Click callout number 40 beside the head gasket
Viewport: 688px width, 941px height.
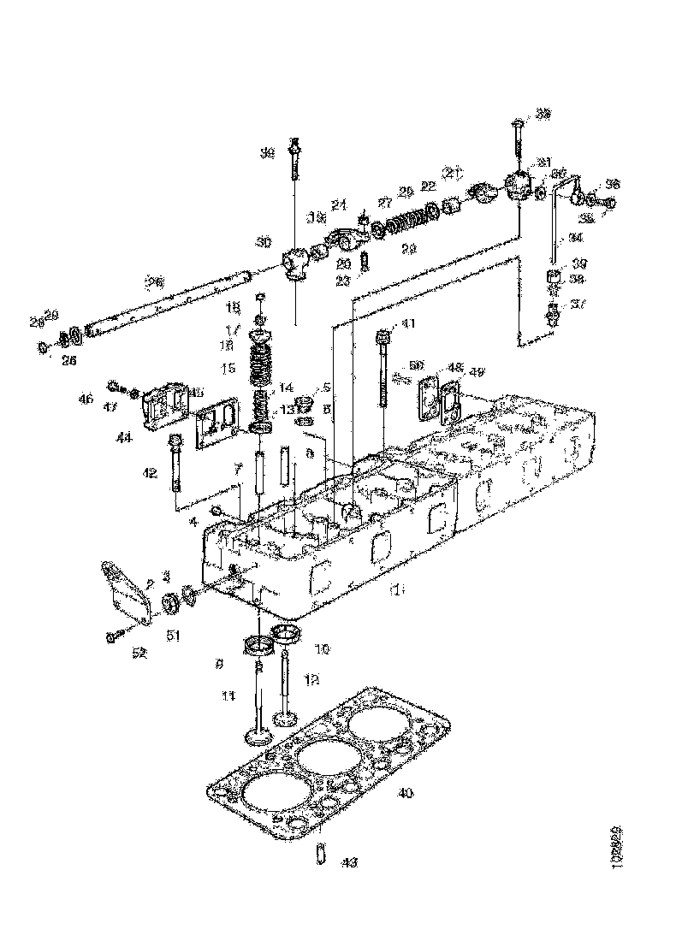click(x=406, y=793)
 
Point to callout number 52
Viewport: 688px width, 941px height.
click(x=139, y=654)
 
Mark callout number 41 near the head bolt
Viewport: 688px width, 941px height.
click(x=408, y=323)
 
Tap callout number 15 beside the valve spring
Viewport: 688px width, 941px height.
click(x=227, y=368)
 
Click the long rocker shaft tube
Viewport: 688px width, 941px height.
click(x=171, y=301)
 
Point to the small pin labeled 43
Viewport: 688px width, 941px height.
click(x=319, y=854)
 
